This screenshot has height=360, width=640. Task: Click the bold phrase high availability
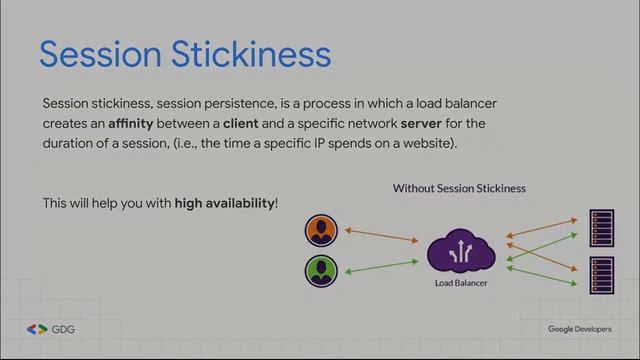pyautogui.click(x=224, y=203)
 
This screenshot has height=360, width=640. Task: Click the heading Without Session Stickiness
pyautogui.click(x=459, y=188)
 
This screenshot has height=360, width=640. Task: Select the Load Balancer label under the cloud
pyautogui.click(x=460, y=283)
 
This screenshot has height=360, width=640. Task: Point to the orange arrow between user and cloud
pyautogui.click(x=381, y=236)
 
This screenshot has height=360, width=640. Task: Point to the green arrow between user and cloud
pyautogui.click(x=381, y=265)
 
